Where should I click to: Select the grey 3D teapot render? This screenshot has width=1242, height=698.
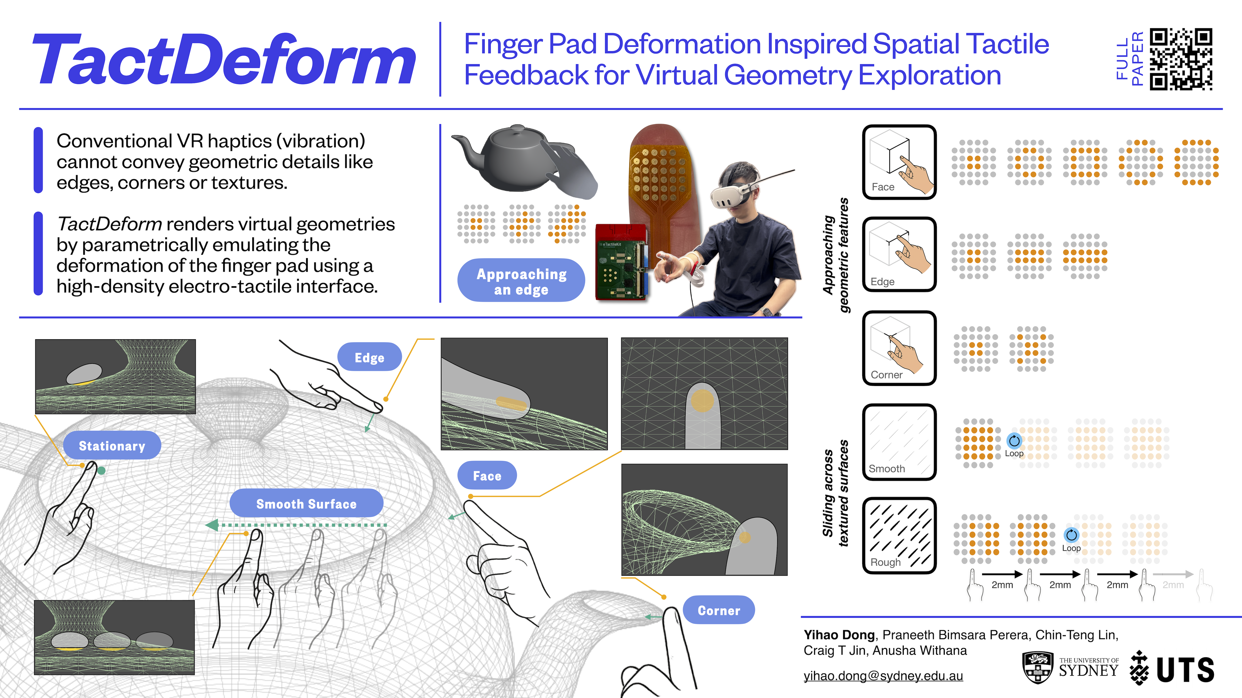(511, 159)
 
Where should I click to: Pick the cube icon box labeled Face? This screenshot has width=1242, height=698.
(899, 162)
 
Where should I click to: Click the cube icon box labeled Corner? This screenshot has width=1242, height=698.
(899, 348)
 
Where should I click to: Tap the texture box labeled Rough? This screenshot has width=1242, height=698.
(899, 536)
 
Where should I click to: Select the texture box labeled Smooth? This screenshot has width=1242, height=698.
(899, 442)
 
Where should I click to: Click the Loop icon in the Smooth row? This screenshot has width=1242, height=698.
(1014, 440)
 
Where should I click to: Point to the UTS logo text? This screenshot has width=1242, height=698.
(1185, 670)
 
